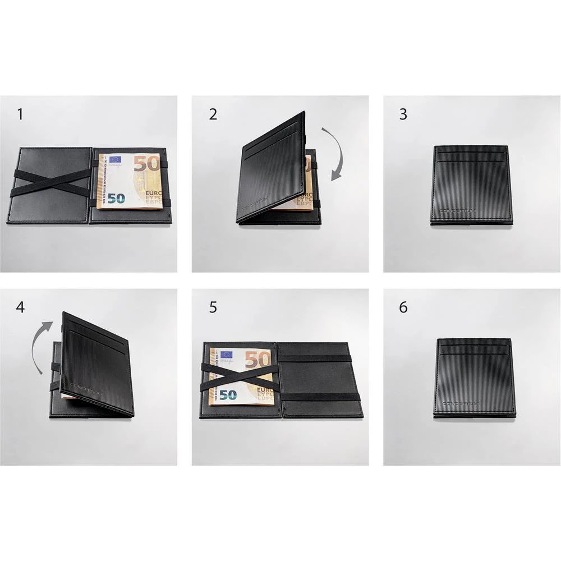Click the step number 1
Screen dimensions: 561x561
pos(20,114)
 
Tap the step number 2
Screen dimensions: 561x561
pos(213,114)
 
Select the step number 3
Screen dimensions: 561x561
pos(403,114)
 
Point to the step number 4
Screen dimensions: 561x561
pos(20,307)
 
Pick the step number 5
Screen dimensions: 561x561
pos(213,307)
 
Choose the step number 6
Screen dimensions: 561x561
pos(403,307)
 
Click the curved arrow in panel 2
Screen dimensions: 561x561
pos(337,154)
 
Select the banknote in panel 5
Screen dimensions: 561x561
pos(241,376)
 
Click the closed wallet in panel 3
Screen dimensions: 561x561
pos(471,185)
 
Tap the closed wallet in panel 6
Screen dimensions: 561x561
pos(475,378)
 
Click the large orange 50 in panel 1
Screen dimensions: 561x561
pos(147,163)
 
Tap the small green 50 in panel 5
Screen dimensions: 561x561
pos(228,395)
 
